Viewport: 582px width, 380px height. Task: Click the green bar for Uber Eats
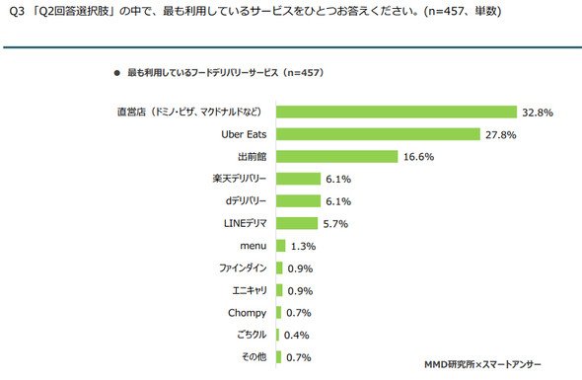[x=378, y=134]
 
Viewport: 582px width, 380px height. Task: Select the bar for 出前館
[x=336, y=156]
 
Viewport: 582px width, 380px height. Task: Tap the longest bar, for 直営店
[x=397, y=112]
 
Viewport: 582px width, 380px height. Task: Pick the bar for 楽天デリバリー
[x=298, y=179]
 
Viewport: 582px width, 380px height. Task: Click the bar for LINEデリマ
[x=297, y=223]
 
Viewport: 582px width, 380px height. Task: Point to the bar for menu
[x=280, y=246]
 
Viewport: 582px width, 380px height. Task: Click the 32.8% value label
[x=538, y=113]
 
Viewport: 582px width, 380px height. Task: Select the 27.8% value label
[x=501, y=135]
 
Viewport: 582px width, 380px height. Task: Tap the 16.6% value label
[x=418, y=157]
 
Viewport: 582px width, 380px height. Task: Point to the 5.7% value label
[x=335, y=224]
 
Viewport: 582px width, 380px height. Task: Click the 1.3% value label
[x=303, y=247]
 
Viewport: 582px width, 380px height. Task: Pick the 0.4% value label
[x=297, y=336]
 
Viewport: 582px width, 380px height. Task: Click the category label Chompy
[x=248, y=313]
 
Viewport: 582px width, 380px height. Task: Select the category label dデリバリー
[x=246, y=201]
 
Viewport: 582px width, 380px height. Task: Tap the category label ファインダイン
[x=243, y=267]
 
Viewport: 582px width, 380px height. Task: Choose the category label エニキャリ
[x=250, y=290]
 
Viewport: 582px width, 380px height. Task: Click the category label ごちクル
[x=252, y=335]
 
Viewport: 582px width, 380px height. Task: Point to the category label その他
[x=255, y=357]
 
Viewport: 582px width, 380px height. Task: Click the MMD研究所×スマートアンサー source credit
[x=482, y=365]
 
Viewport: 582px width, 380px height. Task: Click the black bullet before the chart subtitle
[x=117, y=73]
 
